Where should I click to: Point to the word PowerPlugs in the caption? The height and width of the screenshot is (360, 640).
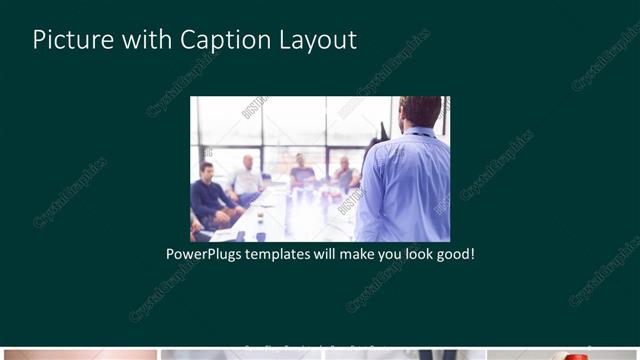[x=206, y=254]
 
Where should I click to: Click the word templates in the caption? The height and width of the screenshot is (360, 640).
[x=284, y=254]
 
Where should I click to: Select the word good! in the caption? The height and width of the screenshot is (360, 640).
[x=453, y=254]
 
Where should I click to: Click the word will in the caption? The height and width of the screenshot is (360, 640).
[x=322, y=254]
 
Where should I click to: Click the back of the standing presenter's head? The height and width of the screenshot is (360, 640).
[x=420, y=110]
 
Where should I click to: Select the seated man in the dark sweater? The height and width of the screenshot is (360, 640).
[x=211, y=195]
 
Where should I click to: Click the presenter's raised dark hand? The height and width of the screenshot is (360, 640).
[x=383, y=131]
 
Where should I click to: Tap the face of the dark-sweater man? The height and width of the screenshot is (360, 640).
[x=207, y=171]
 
